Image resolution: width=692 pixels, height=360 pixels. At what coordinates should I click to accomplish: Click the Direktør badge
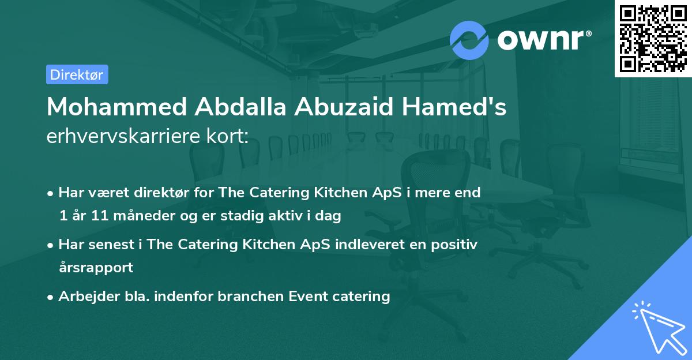point(77,74)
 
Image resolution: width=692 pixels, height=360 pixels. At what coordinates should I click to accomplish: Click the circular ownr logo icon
point(469,40)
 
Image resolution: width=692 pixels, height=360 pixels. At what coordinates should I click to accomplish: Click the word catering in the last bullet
point(362,297)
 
